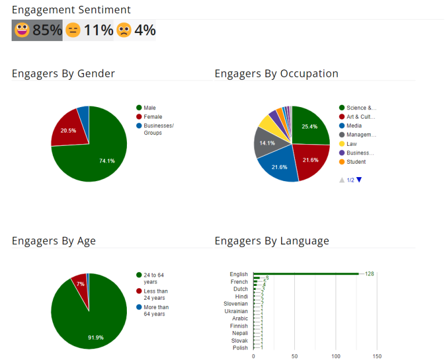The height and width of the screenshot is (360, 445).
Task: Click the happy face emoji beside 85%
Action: click(x=22, y=30)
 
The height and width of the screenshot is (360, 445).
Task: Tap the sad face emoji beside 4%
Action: click(x=124, y=30)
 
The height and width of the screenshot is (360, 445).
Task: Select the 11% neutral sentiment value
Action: click(x=98, y=30)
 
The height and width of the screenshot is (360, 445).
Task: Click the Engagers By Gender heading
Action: click(x=63, y=74)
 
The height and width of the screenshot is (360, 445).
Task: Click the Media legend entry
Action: click(x=355, y=126)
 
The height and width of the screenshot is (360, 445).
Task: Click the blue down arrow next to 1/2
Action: click(x=359, y=180)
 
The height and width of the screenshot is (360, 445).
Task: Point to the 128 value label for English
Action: click(x=369, y=274)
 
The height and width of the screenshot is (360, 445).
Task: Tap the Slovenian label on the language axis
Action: click(x=236, y=304)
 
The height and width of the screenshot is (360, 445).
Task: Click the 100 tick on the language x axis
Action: click(x=336, y=355)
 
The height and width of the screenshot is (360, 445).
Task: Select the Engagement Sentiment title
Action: click(x=71, y=10)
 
